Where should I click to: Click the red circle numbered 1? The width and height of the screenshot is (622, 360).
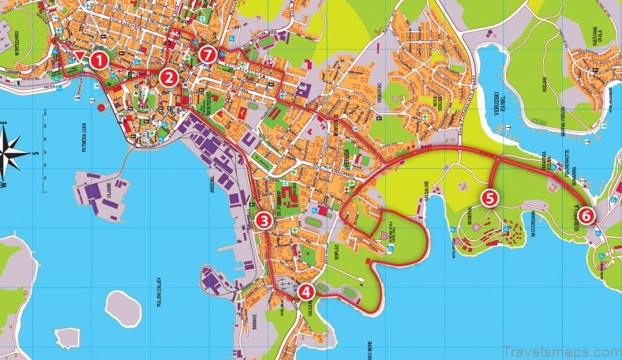click(x=99, y=58)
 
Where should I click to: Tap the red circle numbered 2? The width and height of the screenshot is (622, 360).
click(x=167, y=77)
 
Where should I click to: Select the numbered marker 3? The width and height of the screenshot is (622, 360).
click(x=264, y=221)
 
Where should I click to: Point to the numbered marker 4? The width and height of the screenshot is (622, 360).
click(x=306, y=291)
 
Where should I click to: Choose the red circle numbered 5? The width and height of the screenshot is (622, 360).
click(x=489, y=197)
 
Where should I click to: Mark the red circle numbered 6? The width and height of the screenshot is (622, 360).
click(x=585, y=215)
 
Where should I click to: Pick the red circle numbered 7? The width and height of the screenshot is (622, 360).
click(x=208, y=54)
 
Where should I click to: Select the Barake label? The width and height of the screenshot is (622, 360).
click(x=254, y=323)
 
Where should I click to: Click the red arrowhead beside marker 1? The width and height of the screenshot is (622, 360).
click(x=81, y=54)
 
